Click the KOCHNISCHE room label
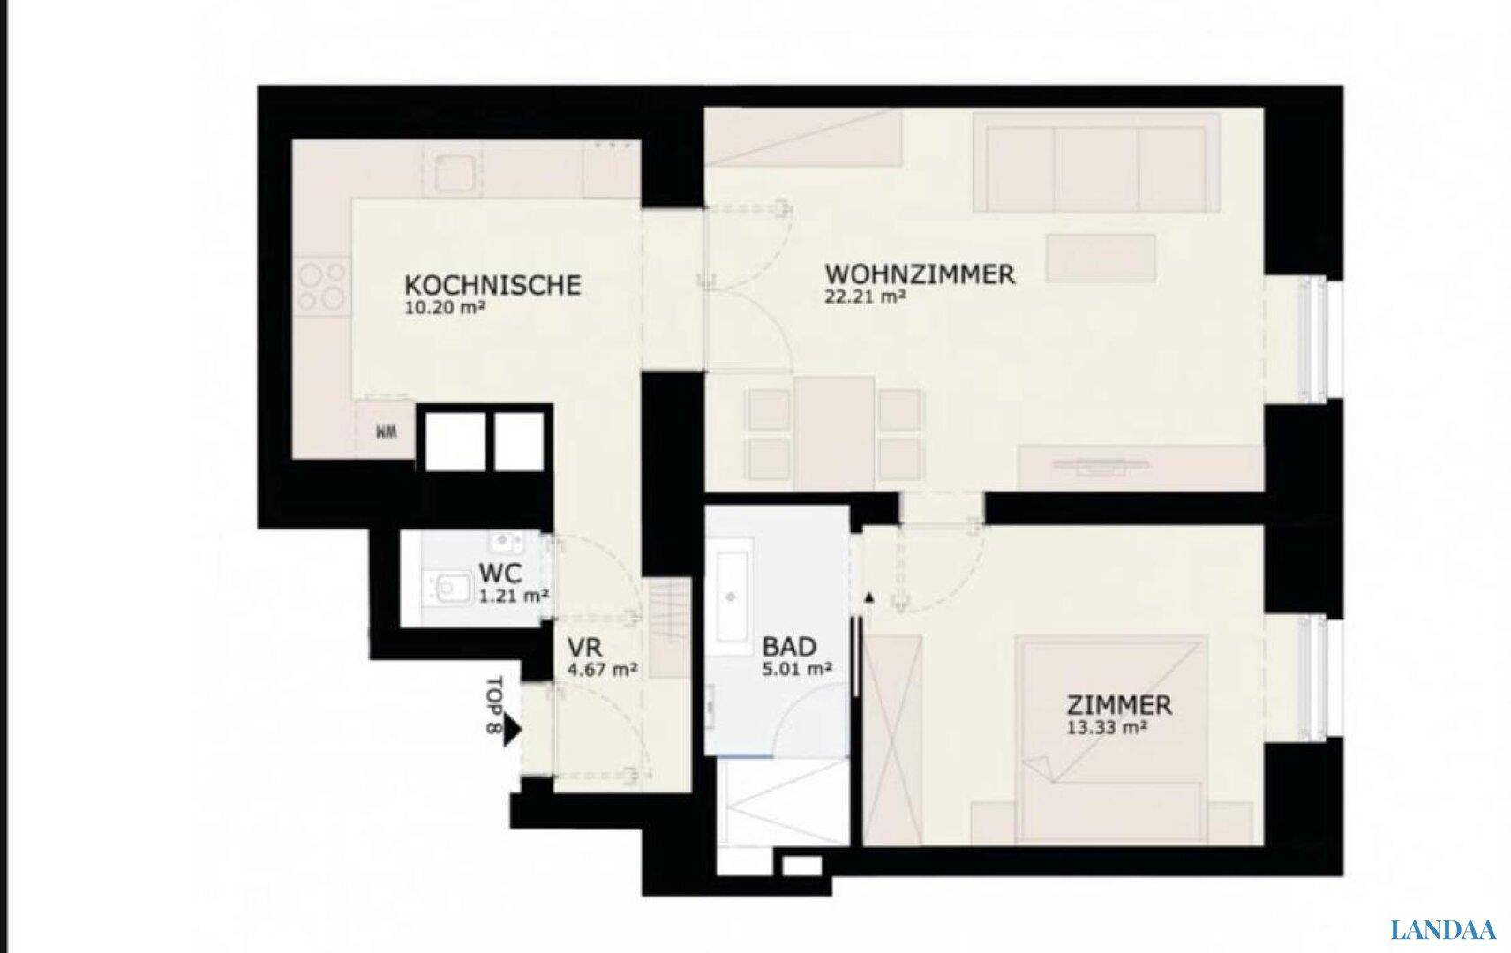pos(492,285)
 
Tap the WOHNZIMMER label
pos(920,274)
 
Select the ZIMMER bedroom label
pos(1119,705)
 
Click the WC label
pos(500,574)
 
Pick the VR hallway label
pos(585,649)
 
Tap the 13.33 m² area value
pos(1108,728)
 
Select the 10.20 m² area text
pos(445,308)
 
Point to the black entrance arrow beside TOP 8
pos(514,732)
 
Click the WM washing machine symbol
pos(386,432)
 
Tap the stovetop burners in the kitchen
pos(322,287)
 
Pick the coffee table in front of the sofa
pos(1101,258)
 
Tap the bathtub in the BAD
pos(731,597)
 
